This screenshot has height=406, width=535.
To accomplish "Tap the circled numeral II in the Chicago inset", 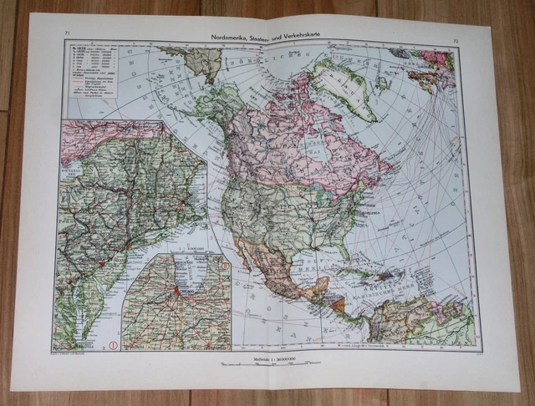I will [x=224, y=266].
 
